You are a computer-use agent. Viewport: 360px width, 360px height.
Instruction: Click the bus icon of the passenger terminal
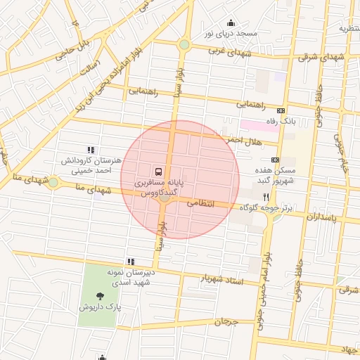(x=157, y=171)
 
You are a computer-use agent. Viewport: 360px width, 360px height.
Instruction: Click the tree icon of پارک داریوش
(x=99, y=296)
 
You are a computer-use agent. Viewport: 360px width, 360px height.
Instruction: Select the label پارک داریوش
(x=100, y=308)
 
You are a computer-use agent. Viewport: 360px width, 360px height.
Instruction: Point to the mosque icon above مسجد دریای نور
(x=231, y=22)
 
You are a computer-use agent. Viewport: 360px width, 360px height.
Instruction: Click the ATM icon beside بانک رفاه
(x=281, y=111)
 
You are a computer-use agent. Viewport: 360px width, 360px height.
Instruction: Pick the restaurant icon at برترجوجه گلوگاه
(x=266, y=197)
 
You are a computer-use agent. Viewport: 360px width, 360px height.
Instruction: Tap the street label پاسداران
(x=321, y=218)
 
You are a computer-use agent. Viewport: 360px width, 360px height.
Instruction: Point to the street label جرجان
(x=226, y=323)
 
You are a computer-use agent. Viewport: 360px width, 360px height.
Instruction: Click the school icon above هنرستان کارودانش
(x=90, y=149)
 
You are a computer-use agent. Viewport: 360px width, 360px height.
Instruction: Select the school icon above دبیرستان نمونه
(x=131, y=261)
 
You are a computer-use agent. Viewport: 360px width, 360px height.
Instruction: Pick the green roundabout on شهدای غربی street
(x=184, y=45)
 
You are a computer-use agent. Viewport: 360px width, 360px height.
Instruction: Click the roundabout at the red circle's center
(x=165, y=198)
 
